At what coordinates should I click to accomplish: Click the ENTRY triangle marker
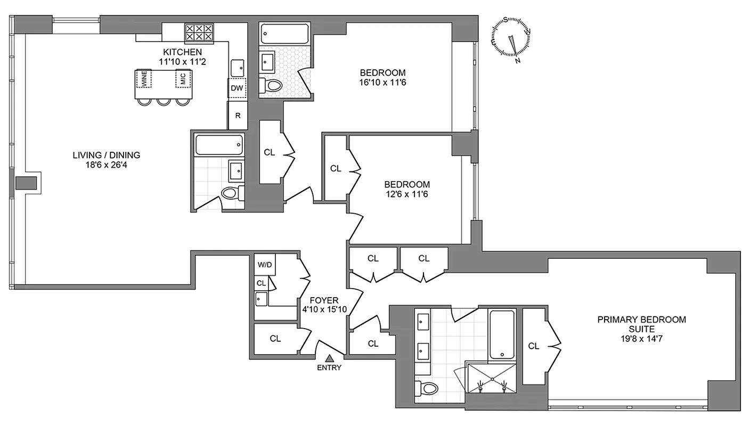click(x=330, y=358)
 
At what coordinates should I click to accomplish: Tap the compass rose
click(x=510, y=37)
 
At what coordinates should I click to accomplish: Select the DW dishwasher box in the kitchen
click(x=238, y=88)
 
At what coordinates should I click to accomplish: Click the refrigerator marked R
click(x=238, y=115)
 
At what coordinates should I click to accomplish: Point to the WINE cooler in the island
click(x=143, y=79)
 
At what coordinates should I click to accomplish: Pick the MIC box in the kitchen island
click(x=183, y=79)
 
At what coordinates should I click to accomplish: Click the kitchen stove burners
click(x=199, y=33)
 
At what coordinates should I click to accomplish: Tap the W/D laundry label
click(x=264, y=264)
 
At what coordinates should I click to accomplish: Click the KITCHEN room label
click(x=182, y=52)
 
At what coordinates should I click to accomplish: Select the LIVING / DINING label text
click(x=107, y=155)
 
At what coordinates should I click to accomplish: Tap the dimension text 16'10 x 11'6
click(x=382, y=83)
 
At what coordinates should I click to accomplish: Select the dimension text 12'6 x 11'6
click(x=406, y=194)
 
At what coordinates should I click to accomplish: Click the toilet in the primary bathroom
click(x=426, y=387)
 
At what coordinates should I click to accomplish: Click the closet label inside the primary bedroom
click(x=534, y=346)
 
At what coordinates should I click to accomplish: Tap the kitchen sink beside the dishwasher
click(x=238, y=68)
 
